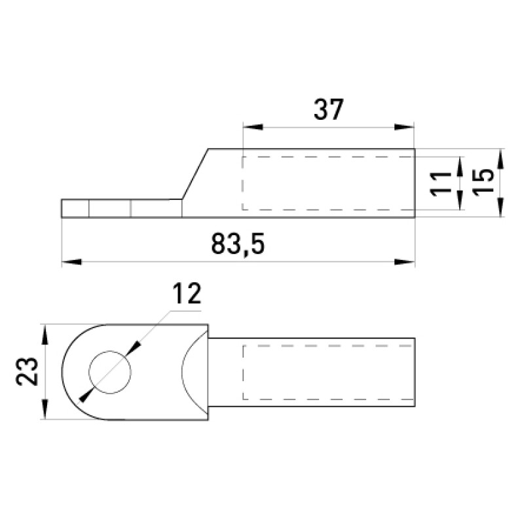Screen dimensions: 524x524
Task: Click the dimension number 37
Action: [x=329, y=109]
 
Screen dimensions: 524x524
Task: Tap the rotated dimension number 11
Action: [x=440, y=183]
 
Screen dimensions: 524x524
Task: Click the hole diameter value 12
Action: [x=187, y=293]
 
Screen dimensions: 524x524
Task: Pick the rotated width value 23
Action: [x=28, y=371]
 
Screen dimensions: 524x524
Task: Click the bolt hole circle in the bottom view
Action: [x=110, y=372]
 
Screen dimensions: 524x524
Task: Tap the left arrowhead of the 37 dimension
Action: [x=253, y=127]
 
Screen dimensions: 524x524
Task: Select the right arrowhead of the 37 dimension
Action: [x=404, y=127]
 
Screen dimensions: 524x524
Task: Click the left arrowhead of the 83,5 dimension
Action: [x=72, y=261]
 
